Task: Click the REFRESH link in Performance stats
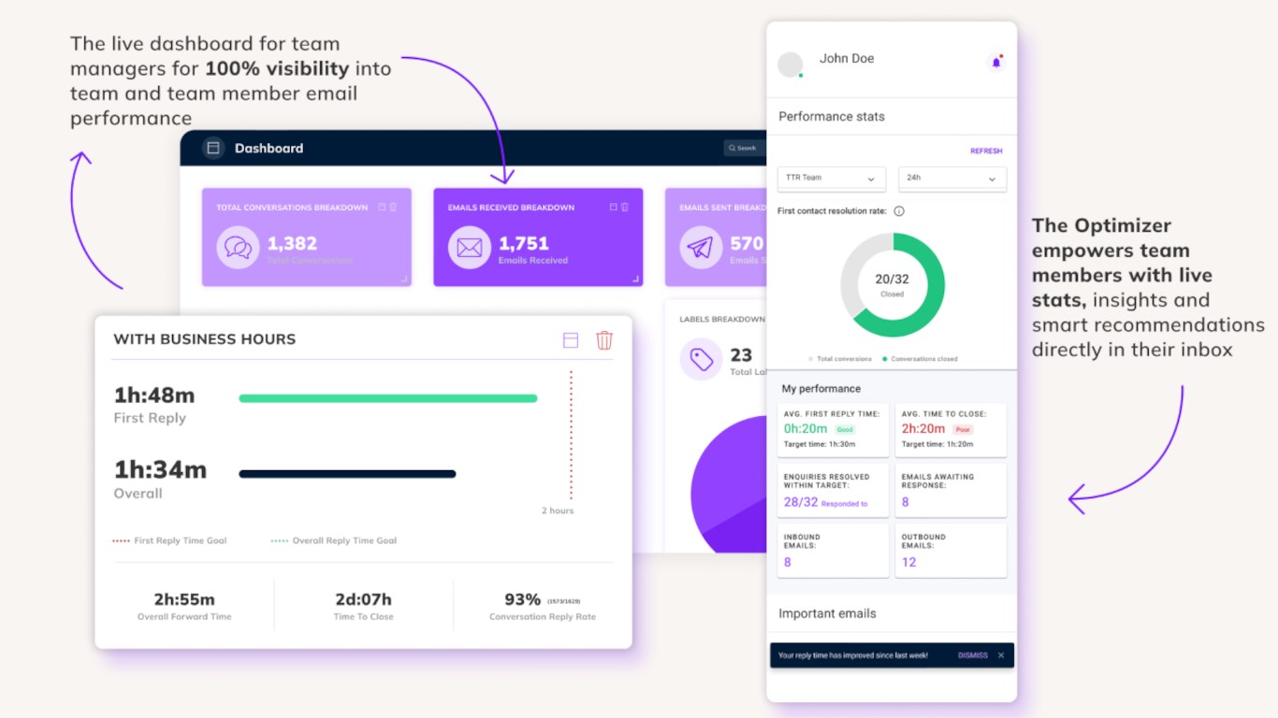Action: [x=986, y=151]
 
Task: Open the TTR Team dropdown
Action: [x=831, y=178]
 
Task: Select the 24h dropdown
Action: [x=951, y=178]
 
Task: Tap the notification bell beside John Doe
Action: [x=995, y=63]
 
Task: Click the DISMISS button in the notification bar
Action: [x=972, y=655]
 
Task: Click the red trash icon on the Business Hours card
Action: [x=604, y=340]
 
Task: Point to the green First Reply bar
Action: [x=387, y=398]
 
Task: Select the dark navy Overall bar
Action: [x=347, y=474]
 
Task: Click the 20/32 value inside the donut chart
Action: [x=892, y=279]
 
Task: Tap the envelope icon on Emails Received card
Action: [x=469, y=248]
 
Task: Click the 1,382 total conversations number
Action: [x=292, y=243]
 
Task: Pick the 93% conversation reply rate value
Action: [x=522, y=599]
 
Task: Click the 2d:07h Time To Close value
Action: [x=363, y=599]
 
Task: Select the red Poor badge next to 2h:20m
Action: [x=963, y=429]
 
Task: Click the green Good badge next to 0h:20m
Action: [x=845, y=429]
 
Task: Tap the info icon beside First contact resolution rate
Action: [x=899, y=211]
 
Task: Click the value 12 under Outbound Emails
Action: [x=908, y=562]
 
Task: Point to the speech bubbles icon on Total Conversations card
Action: [x=238, y=248]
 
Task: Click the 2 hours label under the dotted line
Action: [x=558, y=510]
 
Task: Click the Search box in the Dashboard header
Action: [x=744, y=148]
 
